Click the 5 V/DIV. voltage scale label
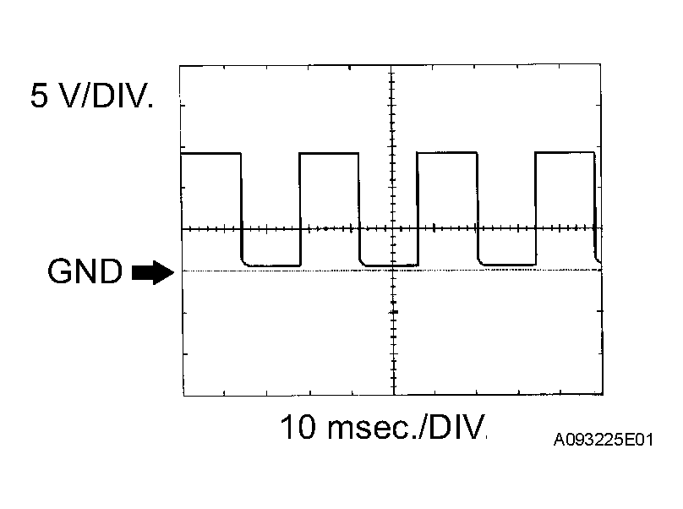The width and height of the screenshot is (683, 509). pos(92,97)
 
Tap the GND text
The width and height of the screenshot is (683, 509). pos(85,272)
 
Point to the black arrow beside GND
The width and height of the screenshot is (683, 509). pos(153,272)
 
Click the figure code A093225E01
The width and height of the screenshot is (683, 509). pos(604,441)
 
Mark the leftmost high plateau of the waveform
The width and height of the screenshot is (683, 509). pos(211,154)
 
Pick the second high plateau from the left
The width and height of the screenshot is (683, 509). pos(330,154)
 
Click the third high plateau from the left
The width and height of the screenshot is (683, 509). pos(447,153)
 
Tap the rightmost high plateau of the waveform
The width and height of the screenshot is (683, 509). pos(566,152)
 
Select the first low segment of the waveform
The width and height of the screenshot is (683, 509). pos(271,265)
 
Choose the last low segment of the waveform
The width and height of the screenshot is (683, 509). pos(507,265)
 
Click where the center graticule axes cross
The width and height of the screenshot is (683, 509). pos(393,229)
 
